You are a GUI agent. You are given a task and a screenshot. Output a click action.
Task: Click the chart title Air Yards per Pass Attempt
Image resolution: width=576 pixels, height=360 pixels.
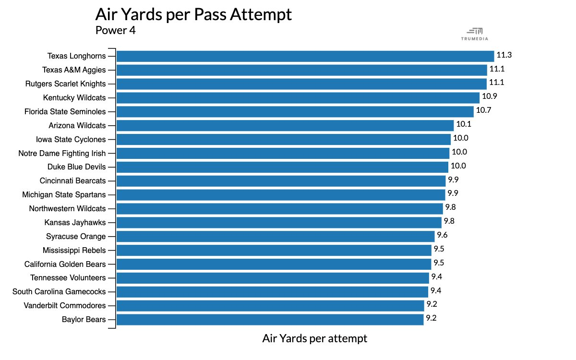193,14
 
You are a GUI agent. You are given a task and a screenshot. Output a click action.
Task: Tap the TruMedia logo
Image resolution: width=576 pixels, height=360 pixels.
474,34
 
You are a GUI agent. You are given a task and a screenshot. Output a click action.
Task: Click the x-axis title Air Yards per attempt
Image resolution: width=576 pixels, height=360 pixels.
314,338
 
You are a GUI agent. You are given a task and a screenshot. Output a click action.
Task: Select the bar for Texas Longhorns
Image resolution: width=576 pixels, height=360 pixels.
305,56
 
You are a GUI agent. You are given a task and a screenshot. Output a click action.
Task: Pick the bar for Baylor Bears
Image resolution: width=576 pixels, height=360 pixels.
270,320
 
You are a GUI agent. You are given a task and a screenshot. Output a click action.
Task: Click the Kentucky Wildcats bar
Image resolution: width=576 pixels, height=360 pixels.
298,98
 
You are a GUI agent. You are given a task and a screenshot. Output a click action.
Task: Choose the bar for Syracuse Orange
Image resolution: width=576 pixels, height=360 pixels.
276,236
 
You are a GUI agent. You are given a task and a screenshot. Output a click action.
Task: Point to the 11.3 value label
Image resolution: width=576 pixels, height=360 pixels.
504,55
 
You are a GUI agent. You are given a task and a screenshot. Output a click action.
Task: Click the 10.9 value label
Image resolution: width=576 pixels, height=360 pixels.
490,96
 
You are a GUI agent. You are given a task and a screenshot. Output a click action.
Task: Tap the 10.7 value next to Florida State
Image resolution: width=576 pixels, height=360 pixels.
484,110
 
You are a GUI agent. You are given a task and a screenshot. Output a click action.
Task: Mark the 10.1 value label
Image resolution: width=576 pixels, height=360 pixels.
464,124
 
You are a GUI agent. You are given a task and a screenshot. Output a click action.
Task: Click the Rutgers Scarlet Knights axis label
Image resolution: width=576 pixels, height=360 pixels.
65,84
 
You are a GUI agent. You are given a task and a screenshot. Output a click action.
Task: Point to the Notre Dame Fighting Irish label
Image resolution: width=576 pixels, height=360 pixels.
62,154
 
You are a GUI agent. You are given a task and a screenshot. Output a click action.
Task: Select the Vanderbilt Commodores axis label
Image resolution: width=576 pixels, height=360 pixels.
65,306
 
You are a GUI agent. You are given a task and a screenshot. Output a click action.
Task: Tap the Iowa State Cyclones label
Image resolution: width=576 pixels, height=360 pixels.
71,140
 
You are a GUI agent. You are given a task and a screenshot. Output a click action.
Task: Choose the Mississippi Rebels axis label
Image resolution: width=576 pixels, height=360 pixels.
74,251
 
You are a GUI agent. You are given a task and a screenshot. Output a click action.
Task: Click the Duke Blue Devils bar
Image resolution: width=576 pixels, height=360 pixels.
282,167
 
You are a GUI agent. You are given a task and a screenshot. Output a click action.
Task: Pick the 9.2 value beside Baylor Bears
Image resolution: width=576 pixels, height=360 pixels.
432,318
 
